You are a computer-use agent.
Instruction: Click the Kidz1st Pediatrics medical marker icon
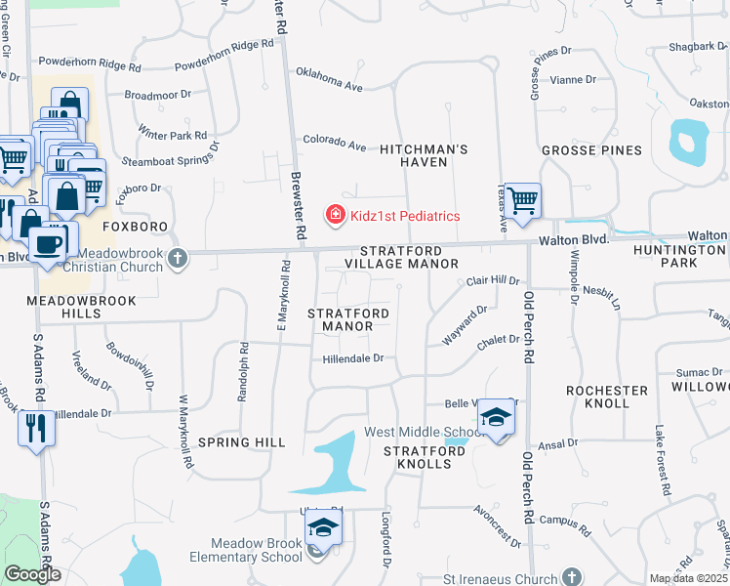click(334, 215)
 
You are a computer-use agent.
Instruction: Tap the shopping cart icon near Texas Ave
click(523, 200)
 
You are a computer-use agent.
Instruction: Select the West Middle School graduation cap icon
click(497, 418)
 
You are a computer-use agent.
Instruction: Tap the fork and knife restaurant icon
click(36, 427)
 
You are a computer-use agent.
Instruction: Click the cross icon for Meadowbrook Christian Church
click(177, 258)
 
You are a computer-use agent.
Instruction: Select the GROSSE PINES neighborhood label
click(591, 150)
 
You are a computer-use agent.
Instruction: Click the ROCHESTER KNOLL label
click(607, 397)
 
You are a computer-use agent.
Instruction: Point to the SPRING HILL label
click(242, 442)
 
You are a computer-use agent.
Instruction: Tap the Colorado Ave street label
click(334, 143)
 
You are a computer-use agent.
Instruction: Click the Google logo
click(32, 574)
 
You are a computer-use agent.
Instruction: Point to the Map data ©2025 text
click(688, 578)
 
